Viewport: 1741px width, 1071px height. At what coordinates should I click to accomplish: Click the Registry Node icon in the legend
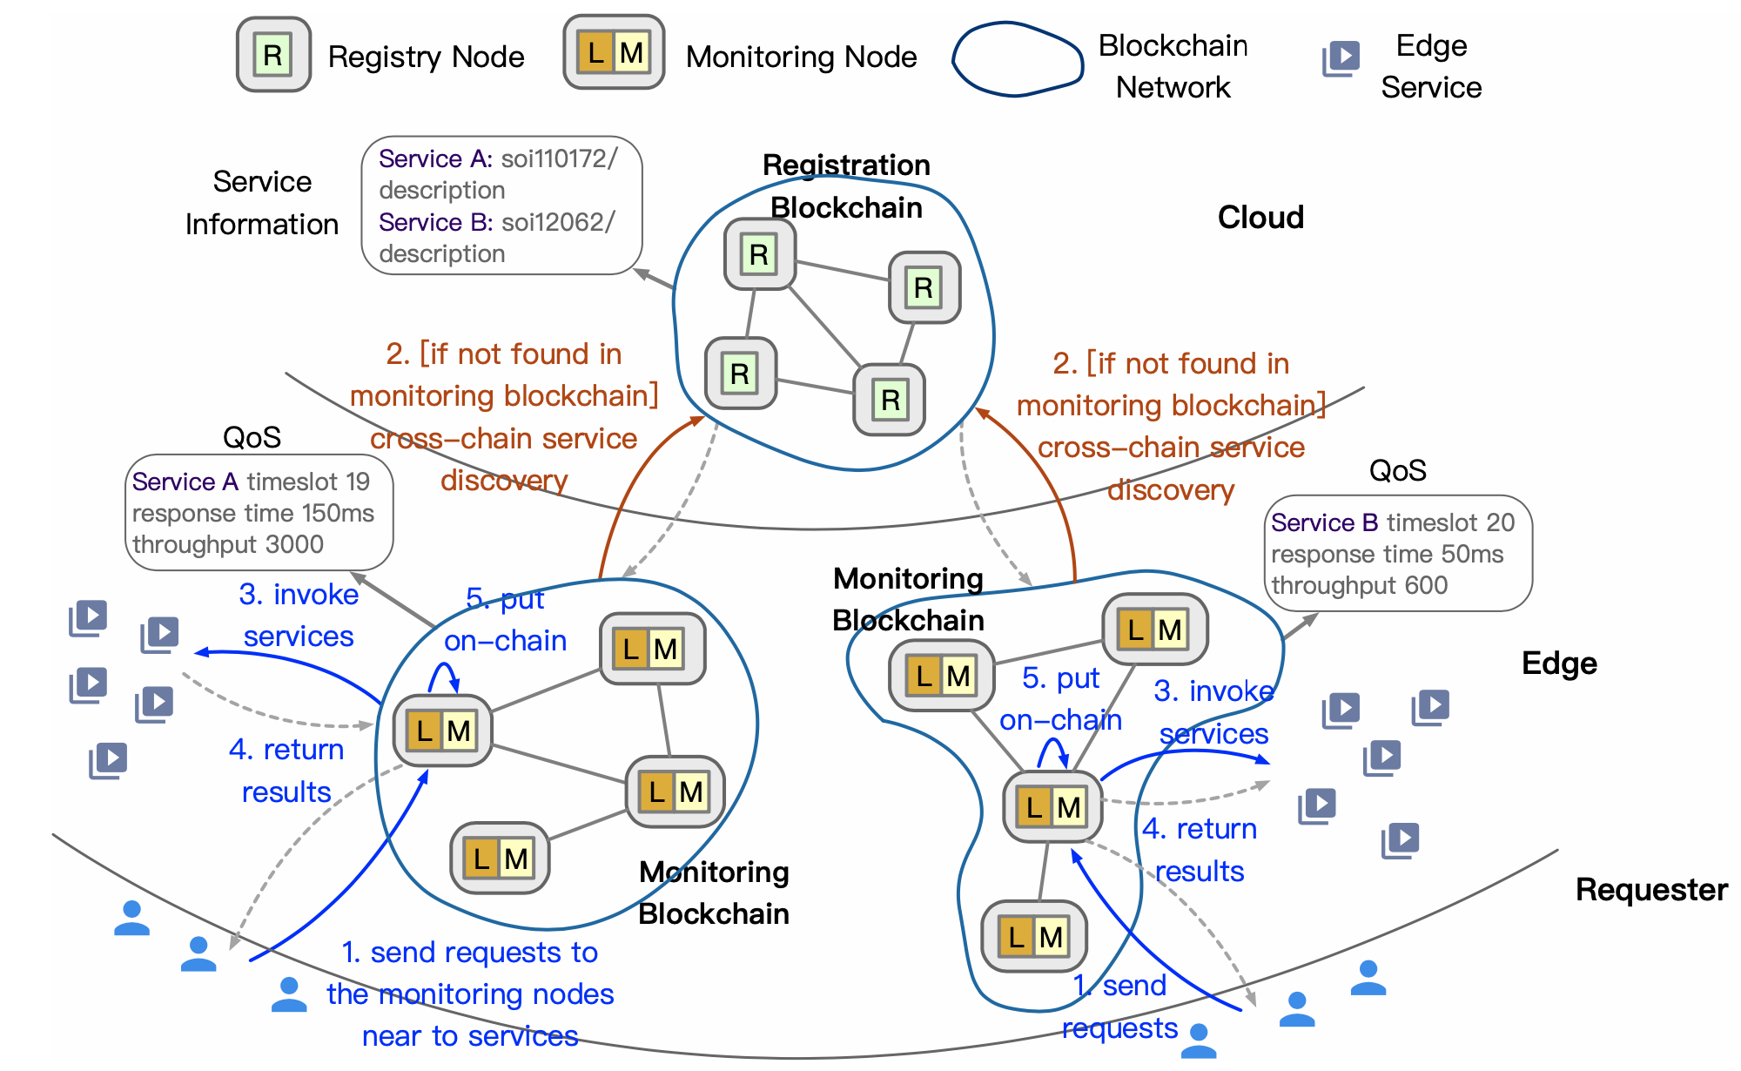point(273,55)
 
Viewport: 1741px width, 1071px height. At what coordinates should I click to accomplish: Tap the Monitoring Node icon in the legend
point(614,52)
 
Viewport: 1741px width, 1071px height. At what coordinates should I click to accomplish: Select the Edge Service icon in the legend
point(1341,58)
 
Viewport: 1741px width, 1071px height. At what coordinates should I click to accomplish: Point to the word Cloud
point(1260,217)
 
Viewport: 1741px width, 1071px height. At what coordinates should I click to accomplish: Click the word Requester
point(1651,889)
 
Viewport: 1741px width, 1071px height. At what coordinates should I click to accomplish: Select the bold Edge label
point(1559,663)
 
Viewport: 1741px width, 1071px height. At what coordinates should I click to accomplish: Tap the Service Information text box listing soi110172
point(501,205)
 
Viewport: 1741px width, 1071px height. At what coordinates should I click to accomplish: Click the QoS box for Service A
point(259,512)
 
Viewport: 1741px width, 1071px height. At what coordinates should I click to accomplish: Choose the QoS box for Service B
point(1397,553)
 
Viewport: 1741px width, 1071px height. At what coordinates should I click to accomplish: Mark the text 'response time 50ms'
point(1387,554)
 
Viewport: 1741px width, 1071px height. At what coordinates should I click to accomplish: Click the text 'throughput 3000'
point(228,544)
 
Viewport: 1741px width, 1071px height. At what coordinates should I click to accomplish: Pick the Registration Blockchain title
point(846,185)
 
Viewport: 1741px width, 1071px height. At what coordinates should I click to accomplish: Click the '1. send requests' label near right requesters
point(1119,1007)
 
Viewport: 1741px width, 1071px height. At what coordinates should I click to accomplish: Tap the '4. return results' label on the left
point(286,771)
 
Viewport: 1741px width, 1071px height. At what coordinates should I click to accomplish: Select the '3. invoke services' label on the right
point(1213,712)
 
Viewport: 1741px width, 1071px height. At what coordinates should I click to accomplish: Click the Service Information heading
point(261,202)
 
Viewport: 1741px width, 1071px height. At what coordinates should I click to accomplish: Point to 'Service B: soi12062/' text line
point(496,222)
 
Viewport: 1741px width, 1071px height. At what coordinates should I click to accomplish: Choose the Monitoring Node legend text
point(801,57)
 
